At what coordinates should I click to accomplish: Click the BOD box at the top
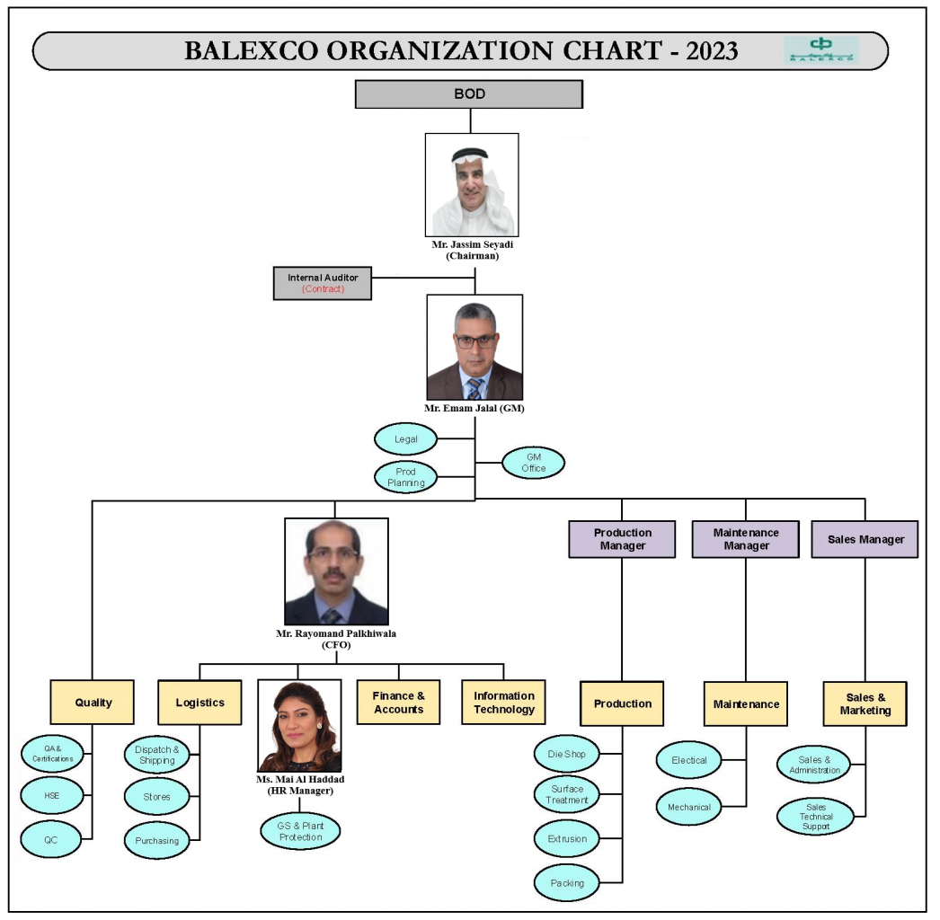click(x=469, y=94)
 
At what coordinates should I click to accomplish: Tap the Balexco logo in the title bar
click(x=820, y=50)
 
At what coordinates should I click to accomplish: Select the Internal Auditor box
click(x=323, y=283)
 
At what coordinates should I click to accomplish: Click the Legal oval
click(x=406, y=439)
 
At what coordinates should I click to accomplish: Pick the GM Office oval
click(x=534, y=463)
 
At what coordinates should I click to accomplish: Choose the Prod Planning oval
click(x=406, y=477)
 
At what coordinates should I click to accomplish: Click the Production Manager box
click(x=622, y=539)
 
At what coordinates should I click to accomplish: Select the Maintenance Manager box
click(x=746, y=539)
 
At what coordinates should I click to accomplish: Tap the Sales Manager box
click(x=865, y=539)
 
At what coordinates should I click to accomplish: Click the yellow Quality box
click(x=93, y=703)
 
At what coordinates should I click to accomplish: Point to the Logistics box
click(x=200, y=703)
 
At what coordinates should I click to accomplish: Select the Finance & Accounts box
click(x=399, y=703)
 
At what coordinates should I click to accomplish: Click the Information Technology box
click(x=503, y=703)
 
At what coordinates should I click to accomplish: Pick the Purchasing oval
click(x=157, y=841)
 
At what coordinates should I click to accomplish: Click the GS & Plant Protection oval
click(x=301, y=831)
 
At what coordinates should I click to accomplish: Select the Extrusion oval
click(x=567, y=839)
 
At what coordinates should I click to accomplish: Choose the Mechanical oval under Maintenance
click(x=689, y=807)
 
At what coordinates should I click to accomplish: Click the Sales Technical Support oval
click(x=816, y=817)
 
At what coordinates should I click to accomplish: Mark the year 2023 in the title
click(x=712, y=50)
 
